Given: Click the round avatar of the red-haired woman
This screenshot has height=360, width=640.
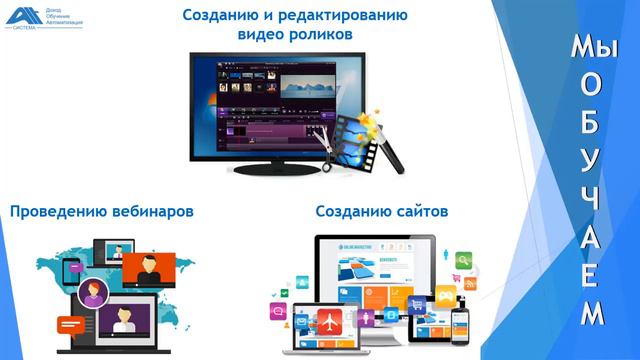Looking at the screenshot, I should point(96,293).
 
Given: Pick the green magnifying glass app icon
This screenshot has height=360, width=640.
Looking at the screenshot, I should point(463,260).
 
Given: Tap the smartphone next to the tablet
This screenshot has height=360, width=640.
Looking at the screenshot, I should point(460,326).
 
